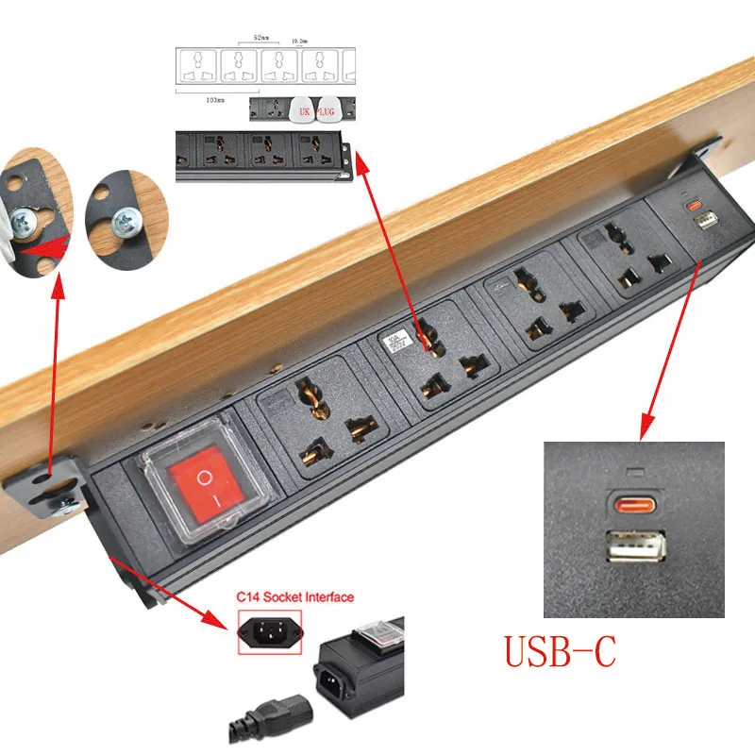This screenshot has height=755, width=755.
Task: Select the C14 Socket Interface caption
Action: [295, 596]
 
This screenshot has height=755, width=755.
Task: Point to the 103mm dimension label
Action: [213, 98]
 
